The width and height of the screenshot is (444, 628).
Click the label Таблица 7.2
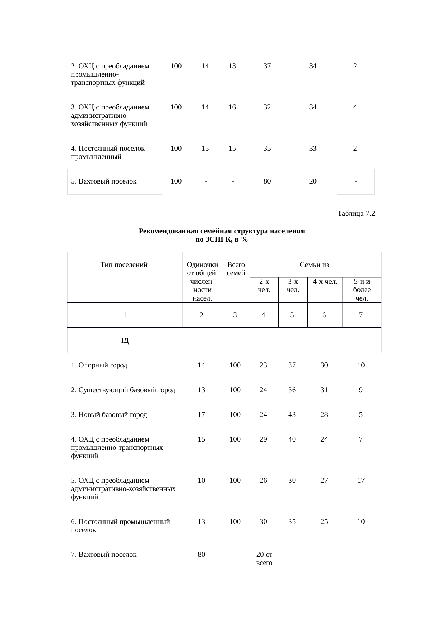[356, 214]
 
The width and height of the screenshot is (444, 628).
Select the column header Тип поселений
[124, 265]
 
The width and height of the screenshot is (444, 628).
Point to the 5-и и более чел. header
[362, 290]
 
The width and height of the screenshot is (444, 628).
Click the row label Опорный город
[99, 365]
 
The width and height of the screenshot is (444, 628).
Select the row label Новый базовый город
[109, 415]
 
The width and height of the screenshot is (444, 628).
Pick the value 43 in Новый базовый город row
[292, 415]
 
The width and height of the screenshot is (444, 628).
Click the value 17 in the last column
[361, 480]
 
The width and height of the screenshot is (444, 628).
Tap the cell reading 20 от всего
[264, 559]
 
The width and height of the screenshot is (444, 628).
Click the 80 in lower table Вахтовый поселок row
[202, 555]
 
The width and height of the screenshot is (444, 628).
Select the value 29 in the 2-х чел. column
[263, 439]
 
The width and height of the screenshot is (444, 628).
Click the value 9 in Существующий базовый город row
[361, 390]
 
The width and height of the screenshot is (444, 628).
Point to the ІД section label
[125, 341]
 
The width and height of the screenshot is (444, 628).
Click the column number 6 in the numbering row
[324, 315]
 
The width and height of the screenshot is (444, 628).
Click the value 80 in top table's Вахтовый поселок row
[267, 181]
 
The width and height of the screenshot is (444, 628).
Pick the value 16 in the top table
[232, 107]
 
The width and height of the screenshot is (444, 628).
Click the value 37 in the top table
[267, 66]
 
